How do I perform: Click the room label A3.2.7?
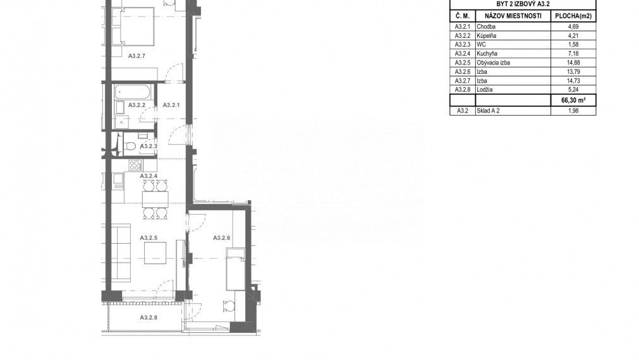point(137,56)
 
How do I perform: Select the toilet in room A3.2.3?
point(130,146)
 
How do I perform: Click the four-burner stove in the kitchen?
point(135,165)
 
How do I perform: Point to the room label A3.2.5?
point(148,238)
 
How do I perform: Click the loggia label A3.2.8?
point(148,318)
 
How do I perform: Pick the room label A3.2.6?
point(222,238)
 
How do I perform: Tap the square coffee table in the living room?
point(155,254)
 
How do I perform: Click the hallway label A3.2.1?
point(172,105)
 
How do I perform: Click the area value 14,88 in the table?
point(572,63)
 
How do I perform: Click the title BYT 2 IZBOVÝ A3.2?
point(523,3)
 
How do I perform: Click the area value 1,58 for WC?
point(572,45)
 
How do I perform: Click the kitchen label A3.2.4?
point(148,176)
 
